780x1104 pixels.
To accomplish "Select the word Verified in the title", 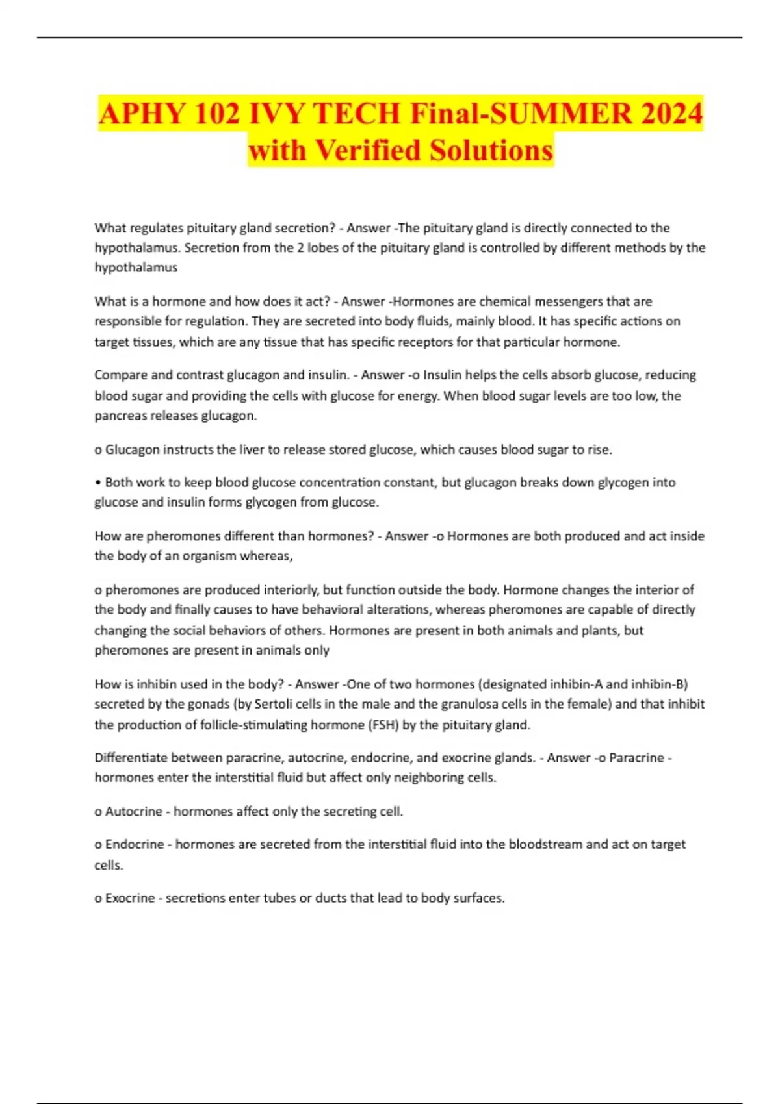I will click(368, 151).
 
